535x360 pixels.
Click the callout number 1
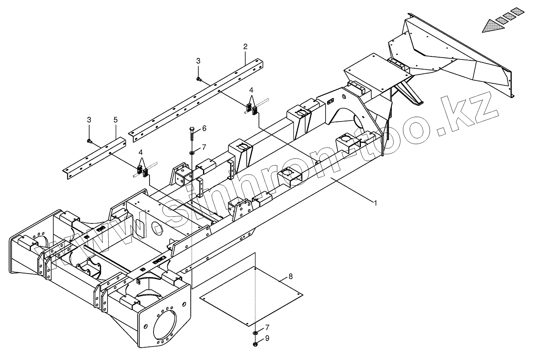[375, 202]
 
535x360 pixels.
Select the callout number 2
[245, 47]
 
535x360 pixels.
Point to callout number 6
[204, 128]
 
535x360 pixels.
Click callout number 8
[291, 276]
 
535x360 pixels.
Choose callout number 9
[267, 338]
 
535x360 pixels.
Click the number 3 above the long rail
[198, 61]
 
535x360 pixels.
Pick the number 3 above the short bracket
[89, 119]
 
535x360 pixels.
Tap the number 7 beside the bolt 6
[204, 147]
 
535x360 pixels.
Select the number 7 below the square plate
[267, 327]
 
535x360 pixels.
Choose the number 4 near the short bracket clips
[140, 153]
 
